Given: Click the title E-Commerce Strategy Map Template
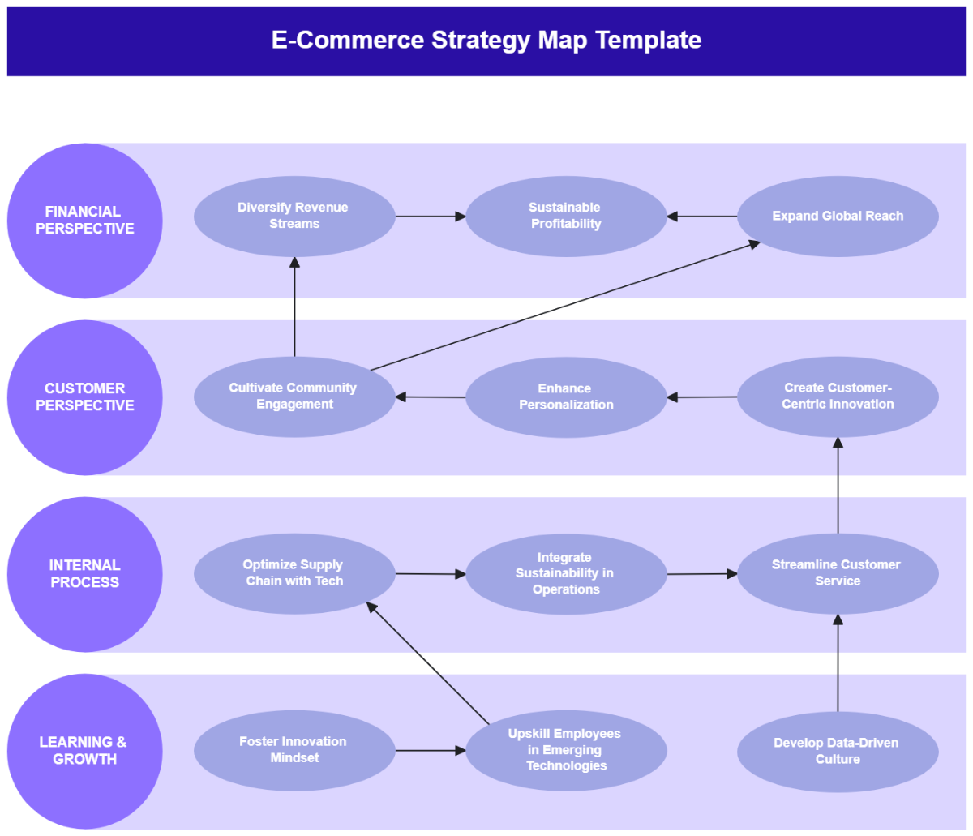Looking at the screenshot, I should (486, 41).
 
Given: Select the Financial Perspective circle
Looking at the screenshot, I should (84, 221).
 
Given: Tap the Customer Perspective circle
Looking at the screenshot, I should (84, 397).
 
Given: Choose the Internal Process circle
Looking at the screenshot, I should (84, 574).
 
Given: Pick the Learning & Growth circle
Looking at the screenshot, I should (84, 751).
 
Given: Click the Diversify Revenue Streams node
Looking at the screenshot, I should (294, 217).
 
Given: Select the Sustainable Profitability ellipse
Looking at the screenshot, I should (566, 217).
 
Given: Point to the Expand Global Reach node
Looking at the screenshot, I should (838, 217).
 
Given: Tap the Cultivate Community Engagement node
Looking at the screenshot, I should (294, 397).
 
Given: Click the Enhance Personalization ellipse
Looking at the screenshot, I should (566, 397).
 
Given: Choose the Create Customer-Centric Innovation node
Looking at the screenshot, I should (838, 397).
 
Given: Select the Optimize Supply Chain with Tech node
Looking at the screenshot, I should (294, 573).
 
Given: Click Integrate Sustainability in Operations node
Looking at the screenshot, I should (566, 574).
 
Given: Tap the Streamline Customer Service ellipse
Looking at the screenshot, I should (838, 573).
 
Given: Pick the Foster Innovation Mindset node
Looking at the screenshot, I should (294, 750).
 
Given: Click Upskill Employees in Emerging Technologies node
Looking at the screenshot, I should (566, 750).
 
